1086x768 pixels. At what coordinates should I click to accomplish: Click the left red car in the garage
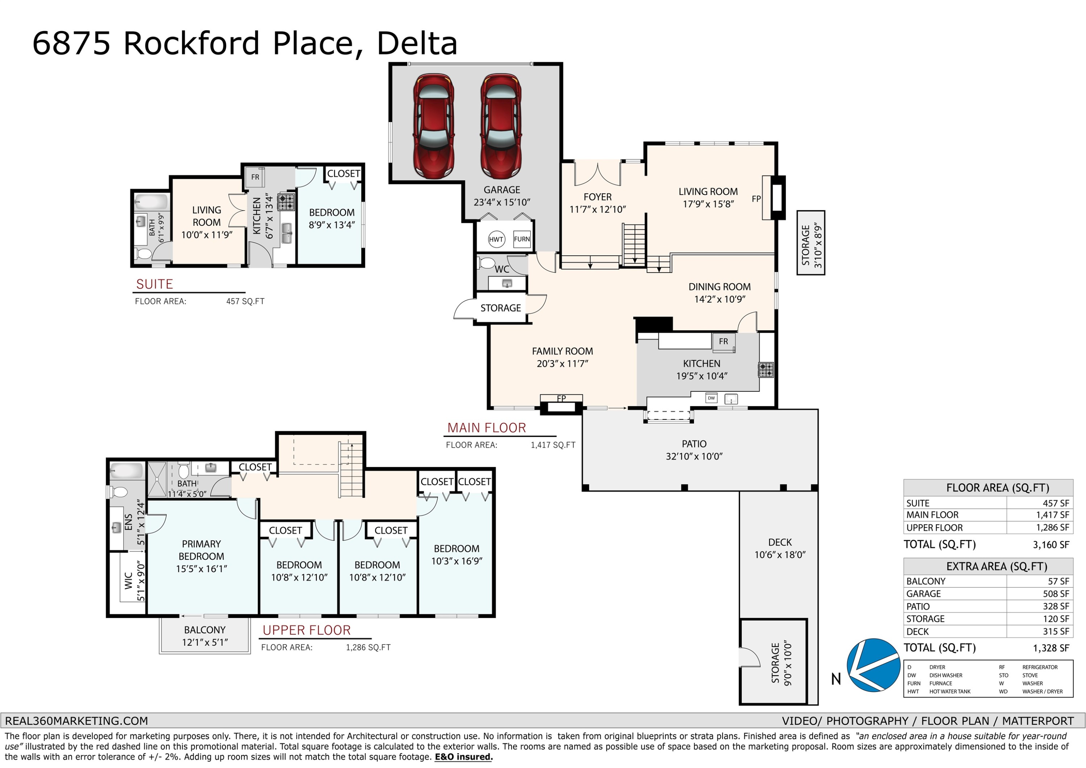433,126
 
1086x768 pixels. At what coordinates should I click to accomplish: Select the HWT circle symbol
496,239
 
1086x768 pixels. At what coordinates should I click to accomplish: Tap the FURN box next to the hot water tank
522,239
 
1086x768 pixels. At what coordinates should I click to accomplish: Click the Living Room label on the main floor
708,192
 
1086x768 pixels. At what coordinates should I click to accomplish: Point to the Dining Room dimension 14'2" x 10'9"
719,299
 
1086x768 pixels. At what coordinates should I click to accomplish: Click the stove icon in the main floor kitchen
766,370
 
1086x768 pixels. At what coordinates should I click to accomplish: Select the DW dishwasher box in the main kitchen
711,398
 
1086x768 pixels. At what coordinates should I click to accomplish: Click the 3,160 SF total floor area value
1051,545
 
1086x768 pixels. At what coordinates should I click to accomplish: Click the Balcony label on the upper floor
205,630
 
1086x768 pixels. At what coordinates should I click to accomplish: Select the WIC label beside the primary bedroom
128,581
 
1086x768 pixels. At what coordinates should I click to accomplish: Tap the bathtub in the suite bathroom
151,202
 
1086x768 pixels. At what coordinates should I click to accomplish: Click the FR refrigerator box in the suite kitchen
255,177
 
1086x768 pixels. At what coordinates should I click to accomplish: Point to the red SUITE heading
155,284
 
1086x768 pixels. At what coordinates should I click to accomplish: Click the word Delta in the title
417,43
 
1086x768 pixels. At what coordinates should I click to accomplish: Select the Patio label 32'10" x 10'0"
694,450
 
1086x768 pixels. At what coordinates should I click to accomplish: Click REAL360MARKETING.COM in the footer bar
77,721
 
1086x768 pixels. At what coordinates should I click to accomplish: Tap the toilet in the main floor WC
486,263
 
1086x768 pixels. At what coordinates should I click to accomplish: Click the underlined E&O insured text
463,757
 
